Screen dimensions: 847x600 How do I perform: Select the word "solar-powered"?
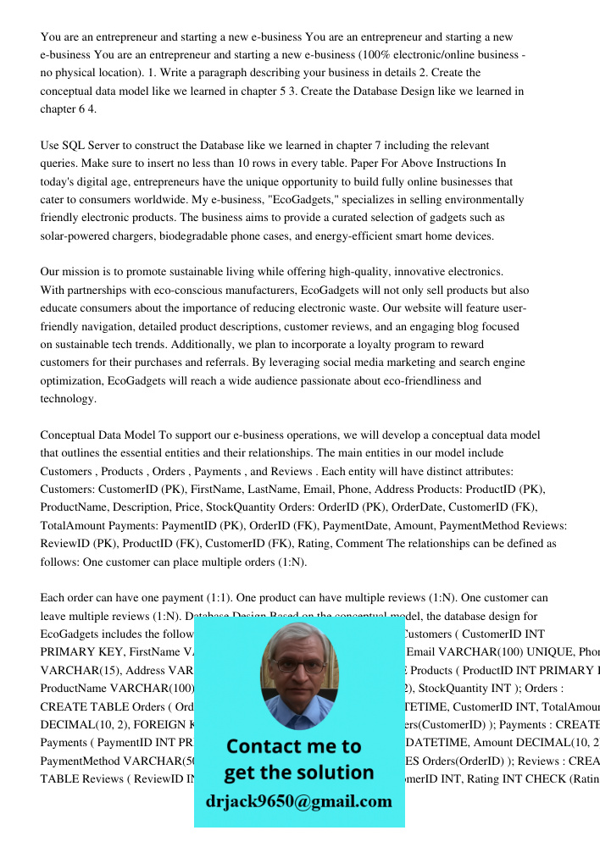[x=74, y=236]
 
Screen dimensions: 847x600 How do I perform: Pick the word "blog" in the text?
[x=444, y=326]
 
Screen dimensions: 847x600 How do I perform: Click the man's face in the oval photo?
[x=297, y=671]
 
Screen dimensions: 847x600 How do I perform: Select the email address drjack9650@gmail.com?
[x=299, y=802]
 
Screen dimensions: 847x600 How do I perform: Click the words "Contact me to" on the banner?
[x=294, y=746]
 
